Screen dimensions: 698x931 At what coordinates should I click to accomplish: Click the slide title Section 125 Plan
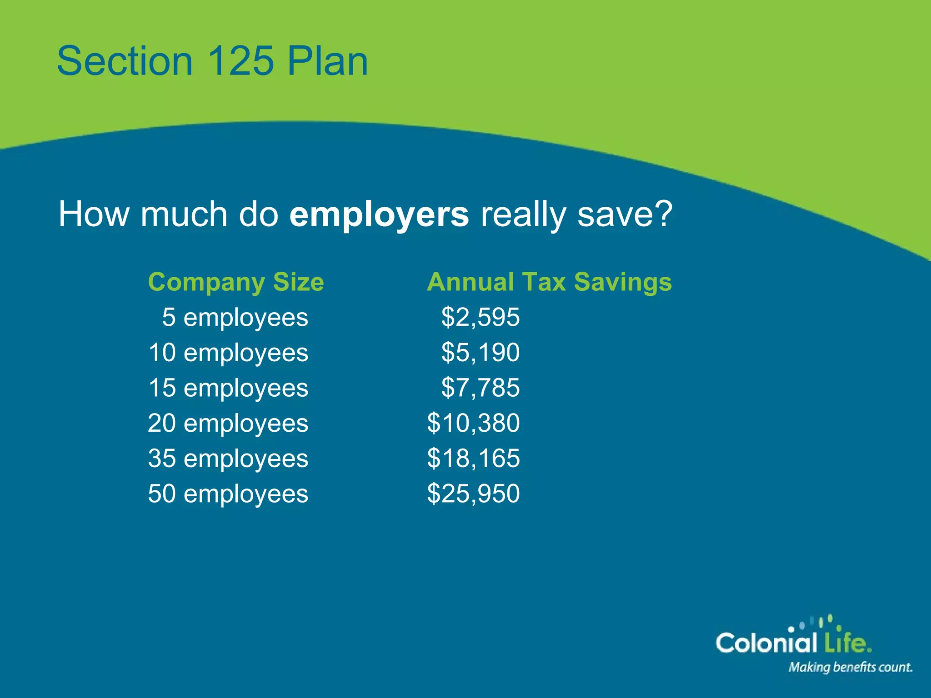pos(212,61)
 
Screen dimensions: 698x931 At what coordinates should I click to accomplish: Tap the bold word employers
pos(379,214)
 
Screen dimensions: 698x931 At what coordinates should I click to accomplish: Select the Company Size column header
pos(236,282)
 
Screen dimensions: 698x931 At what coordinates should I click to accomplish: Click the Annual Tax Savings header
pos(549,282)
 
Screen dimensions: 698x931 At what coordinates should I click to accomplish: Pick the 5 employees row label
pos(235,317)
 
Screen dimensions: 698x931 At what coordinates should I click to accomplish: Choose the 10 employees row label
pos(228,353)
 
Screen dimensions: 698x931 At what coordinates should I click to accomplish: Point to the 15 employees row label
pos(228,388)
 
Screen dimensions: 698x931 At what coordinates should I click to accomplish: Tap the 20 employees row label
pos(228,423)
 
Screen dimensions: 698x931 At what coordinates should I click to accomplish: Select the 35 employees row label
pos(228,459)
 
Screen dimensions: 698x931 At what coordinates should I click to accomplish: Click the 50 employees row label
pos(228,494)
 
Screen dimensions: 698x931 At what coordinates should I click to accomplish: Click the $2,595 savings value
pos(480,317)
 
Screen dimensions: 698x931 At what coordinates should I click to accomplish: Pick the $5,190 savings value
pos(480,353)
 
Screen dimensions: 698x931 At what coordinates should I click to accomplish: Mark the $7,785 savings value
pos(480,388)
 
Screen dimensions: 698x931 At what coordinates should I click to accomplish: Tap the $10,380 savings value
pos(473,423)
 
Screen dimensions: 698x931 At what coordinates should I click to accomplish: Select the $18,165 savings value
pos(473,459)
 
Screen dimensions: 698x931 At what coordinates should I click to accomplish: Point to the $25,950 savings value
pos(473,494)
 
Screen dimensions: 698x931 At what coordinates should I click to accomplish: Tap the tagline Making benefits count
pos(850,667)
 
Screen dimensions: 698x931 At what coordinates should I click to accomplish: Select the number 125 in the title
pos(240,61)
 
